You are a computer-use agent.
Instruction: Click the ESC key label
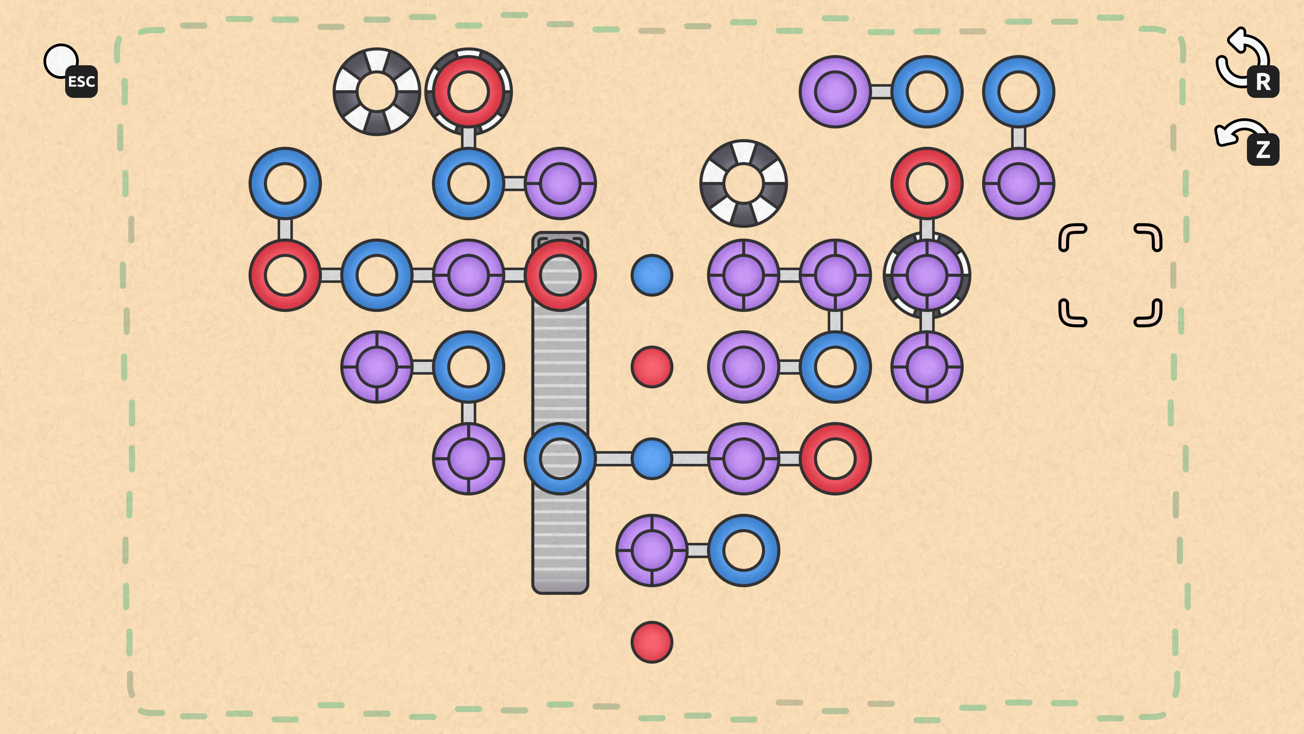coord(81,82)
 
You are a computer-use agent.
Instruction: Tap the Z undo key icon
coord(1263,150)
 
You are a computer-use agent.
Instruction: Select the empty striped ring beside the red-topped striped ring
coord(377,92)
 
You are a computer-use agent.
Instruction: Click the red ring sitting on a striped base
coord(468,92)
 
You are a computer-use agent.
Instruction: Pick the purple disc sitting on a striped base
coord(926,275)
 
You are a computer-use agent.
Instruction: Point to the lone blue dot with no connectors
coord(652,275)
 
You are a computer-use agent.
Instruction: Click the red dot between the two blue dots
coord(652,367)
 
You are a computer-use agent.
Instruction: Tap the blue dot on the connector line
coord(652,458)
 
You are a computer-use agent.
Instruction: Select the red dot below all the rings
coord(652,642)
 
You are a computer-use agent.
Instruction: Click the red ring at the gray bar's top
coord(560,275)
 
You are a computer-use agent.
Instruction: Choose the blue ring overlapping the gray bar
coord(560,458)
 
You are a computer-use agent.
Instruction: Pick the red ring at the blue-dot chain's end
coord(835,458)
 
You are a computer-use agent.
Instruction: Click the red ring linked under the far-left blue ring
coord(285,275)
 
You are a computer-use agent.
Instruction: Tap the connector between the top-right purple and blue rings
coord(881,92)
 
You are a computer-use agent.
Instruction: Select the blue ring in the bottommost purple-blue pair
coord(743,550)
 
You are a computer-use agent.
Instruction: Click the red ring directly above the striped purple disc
coord(926,183)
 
